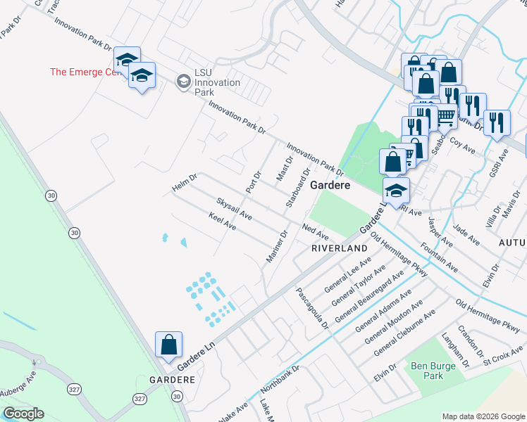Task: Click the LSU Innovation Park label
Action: pos(218,82)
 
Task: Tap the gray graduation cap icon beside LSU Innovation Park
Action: pos(183,82)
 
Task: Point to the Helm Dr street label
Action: pos(185,183)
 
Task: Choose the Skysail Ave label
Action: pos(234,208)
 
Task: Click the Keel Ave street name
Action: pos(222,223)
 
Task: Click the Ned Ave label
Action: pos(315,231)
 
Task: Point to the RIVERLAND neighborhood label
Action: pos(340,249)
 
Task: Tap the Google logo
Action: pos(23,414)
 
